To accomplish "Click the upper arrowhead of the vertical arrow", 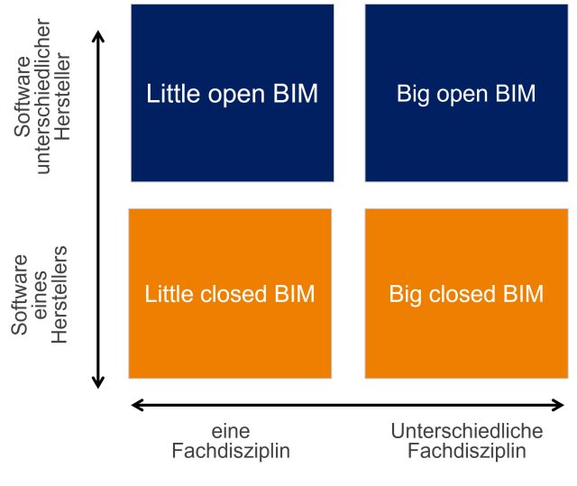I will pos(99,37).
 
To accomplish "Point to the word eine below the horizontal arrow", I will pos(230,431).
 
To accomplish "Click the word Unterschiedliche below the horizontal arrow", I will pos(467,431).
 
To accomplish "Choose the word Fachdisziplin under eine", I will pos(231,451).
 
